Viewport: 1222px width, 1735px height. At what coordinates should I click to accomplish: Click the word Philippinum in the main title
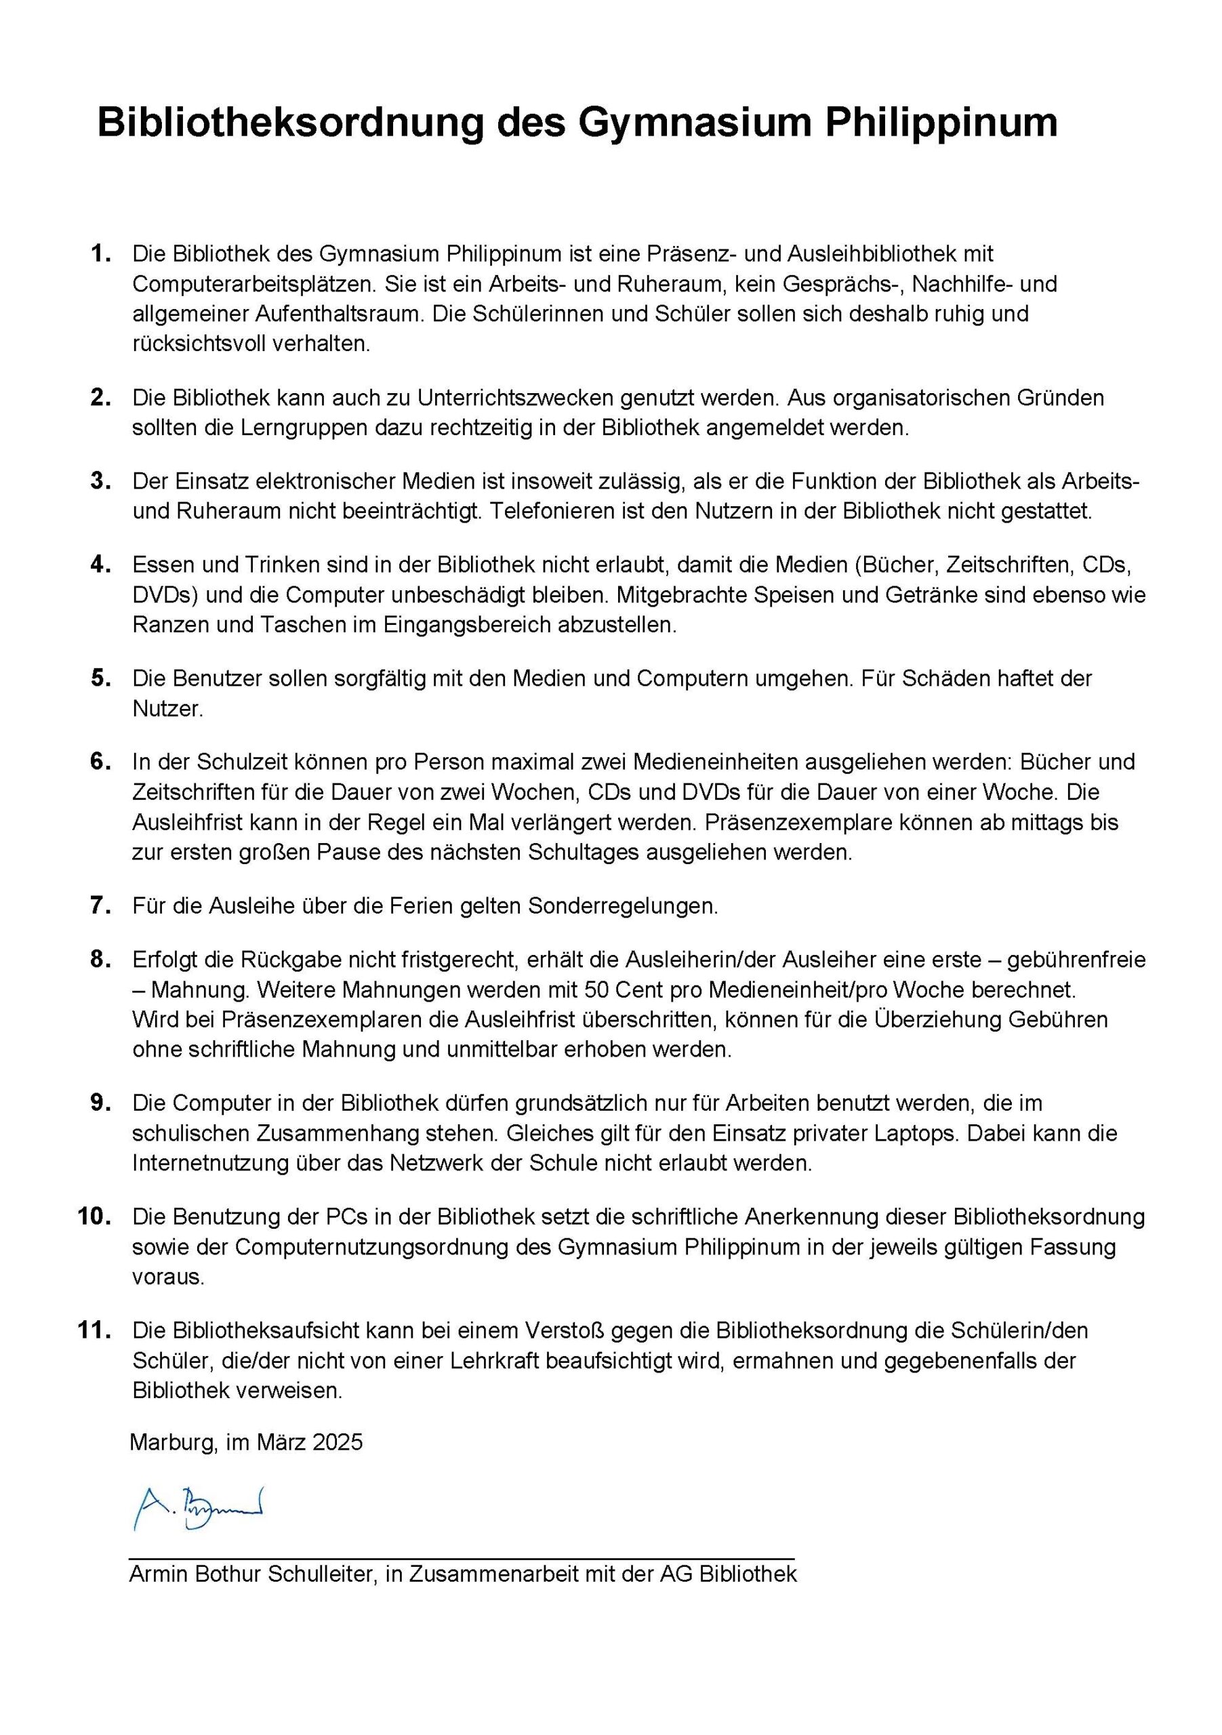[940, 123]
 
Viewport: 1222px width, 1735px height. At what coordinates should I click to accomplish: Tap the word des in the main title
[531, 123]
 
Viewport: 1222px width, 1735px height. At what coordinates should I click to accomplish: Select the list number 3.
[100, 481]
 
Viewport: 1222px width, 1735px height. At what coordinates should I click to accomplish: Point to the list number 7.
[100, 905]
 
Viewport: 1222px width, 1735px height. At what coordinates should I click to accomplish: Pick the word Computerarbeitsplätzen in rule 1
[253, 284]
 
